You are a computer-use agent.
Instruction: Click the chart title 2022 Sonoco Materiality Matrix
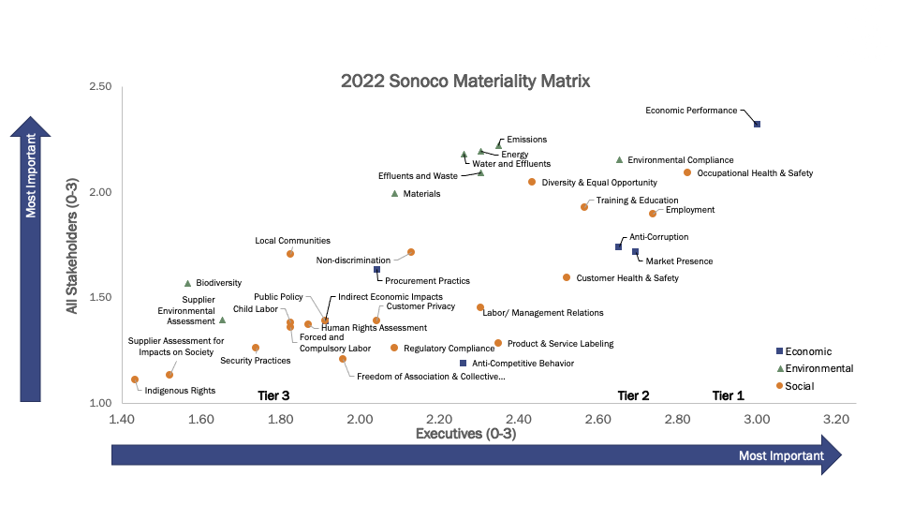[465, 81]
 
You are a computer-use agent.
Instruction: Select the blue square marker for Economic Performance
[758, 124]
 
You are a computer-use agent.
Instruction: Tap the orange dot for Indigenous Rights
[135, 379]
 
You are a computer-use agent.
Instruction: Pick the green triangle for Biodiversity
[187, 283]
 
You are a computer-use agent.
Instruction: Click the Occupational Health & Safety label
[755, 173]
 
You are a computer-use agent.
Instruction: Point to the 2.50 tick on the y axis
[99, 87]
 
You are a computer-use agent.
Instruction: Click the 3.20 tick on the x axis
[835, 419]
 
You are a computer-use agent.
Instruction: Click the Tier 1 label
[729, 395]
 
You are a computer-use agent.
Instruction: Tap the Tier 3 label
[273, 395]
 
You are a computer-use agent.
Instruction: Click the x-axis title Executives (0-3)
[465, 435]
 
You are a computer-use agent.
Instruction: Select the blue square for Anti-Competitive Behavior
[463, 363]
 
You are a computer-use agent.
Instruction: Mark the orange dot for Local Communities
[290, 254]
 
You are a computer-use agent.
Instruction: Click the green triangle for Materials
[394, 194]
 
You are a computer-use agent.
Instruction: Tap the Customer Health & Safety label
[627, 278]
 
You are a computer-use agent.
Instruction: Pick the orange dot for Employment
[653, 214]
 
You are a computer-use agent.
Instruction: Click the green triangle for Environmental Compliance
[619, 160]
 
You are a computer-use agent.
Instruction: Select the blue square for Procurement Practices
[377, 270]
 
